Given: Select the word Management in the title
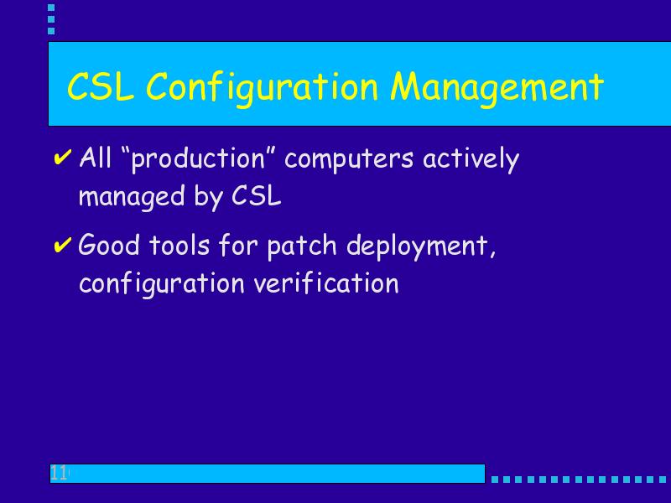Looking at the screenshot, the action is coord(497,89).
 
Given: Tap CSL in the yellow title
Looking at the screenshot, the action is coord(101,86).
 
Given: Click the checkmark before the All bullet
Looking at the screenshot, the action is coord(62,158).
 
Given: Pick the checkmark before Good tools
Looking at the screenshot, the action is coord(62,245).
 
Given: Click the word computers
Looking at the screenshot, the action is coord(349,159).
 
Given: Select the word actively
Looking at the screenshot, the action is coord(471,159).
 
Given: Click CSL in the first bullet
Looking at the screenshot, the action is coord(257,196).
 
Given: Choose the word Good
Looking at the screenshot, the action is coord(109,245).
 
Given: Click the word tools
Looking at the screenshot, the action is coord(179,246).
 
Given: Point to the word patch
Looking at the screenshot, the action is coord(302,246).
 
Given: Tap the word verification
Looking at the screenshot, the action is coord(326,283).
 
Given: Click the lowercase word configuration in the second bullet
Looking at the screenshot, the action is coord(162,284).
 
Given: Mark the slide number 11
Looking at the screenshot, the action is coord(59,473).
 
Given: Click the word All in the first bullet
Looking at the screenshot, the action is coord(96,158).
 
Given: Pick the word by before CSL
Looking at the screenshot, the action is coord(209,198).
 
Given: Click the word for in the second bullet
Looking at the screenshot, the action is coord(238,245).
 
